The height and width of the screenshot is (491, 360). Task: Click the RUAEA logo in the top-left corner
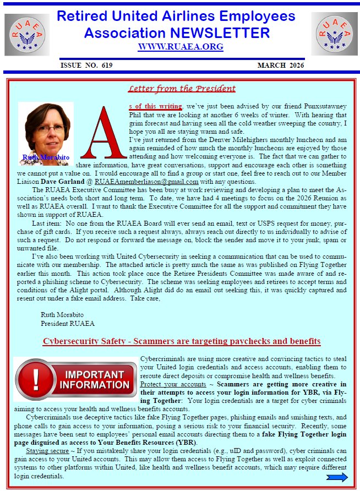tap(27, 35)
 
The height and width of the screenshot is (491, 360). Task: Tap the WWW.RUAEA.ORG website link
tap(181, 47)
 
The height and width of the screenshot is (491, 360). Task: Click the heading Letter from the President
tap(182, 89)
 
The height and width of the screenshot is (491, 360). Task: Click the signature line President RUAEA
tap(68, 323)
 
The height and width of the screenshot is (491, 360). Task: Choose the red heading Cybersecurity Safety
tap(182, 342)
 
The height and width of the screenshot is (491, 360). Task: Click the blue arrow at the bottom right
tap(336, 477)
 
